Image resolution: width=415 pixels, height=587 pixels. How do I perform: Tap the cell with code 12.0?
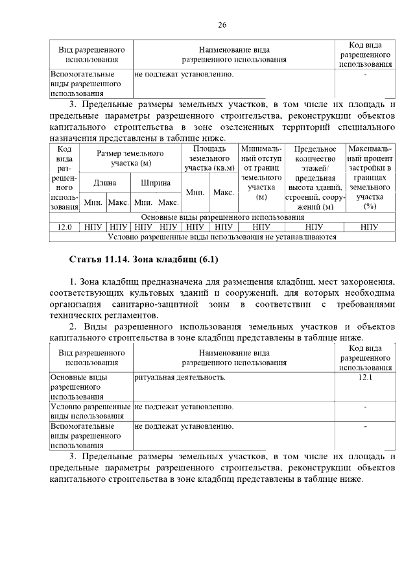pos(64,227)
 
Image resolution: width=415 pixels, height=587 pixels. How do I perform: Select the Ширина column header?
pos(156,184)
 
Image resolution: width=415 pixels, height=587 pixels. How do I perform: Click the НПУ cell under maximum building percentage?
pos(370,227)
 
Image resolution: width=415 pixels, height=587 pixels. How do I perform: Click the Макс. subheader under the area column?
pos(224,193)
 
